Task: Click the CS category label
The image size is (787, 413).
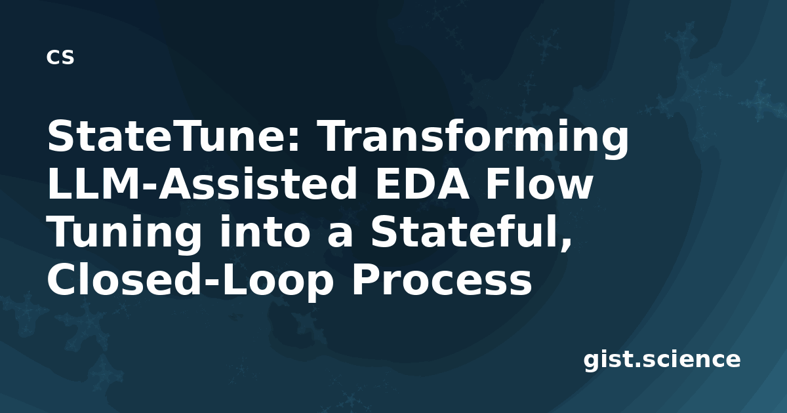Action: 60,57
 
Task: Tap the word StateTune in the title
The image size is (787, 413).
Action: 169,136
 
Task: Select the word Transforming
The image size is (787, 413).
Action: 474,140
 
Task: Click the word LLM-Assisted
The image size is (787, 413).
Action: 202,184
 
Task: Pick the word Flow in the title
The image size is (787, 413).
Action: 539,183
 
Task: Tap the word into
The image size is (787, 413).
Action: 268,231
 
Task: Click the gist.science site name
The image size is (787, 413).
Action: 662,361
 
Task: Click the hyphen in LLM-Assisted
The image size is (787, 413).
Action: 149,186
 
